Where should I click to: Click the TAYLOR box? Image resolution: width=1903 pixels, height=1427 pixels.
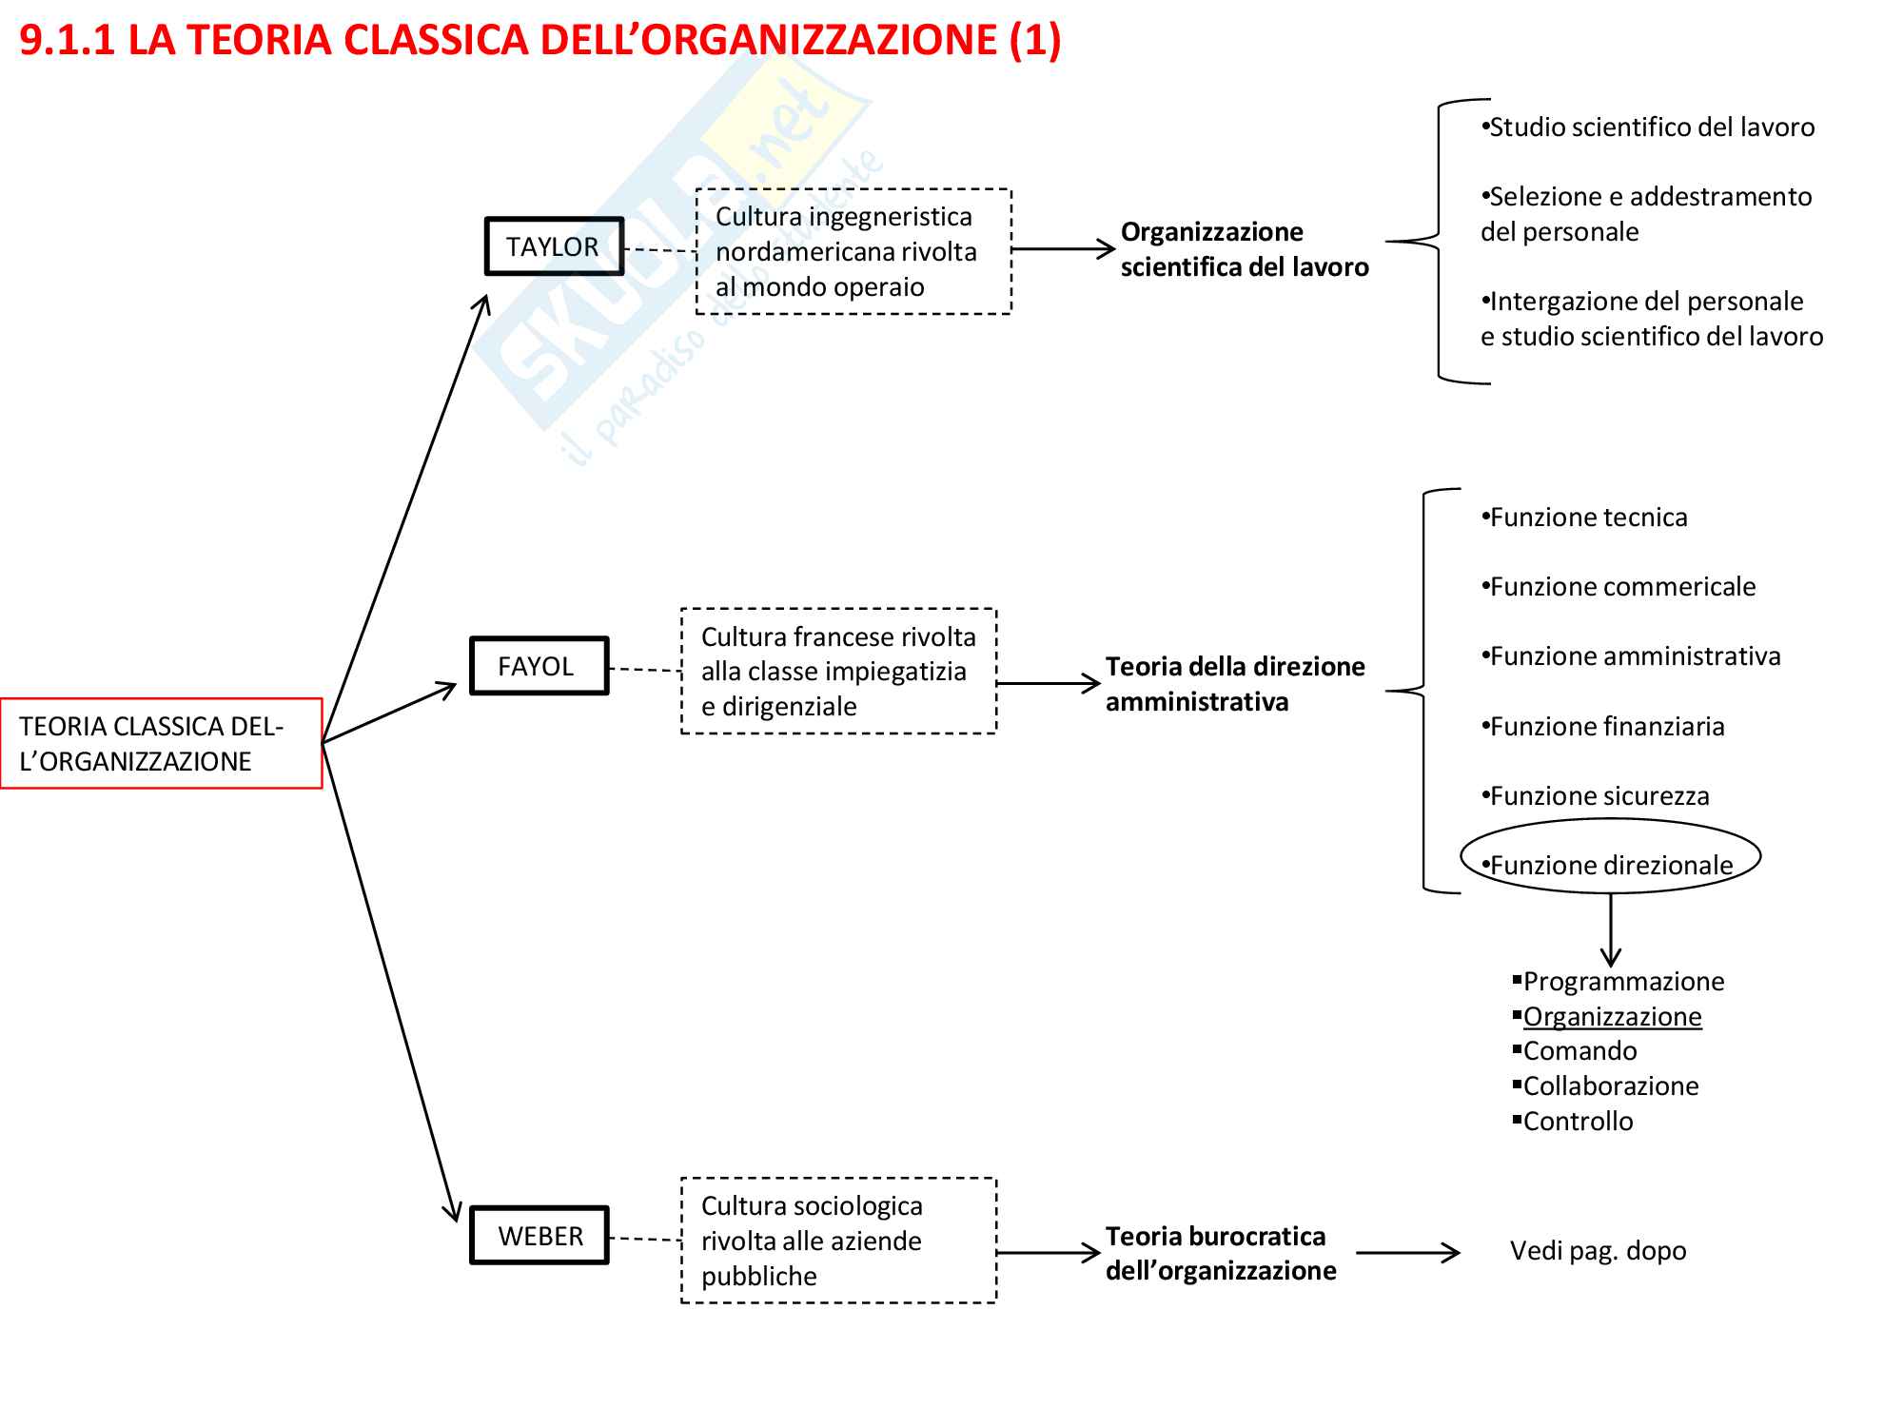(554, 246)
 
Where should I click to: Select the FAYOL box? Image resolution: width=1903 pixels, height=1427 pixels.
(539, 666)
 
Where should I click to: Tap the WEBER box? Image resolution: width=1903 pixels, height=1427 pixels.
(540, 1236)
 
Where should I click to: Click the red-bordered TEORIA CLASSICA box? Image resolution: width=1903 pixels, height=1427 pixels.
(161, 744)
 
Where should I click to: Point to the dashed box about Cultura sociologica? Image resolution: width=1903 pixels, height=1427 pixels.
(838, 1241)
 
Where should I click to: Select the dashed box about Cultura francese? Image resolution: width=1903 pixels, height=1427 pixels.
(838, 671)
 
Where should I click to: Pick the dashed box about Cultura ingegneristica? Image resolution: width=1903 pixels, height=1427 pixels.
(853, 251)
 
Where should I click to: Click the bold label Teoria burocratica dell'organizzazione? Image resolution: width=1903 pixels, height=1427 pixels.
(1221, 1253)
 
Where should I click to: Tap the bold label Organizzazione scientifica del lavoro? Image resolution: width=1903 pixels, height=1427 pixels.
(1244, 249)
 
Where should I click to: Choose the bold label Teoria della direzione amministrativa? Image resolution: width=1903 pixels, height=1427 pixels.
(1234, 684)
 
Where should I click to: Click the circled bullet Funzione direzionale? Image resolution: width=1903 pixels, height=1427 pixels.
(1611, 864)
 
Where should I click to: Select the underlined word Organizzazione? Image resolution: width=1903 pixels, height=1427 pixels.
(1612, 1016)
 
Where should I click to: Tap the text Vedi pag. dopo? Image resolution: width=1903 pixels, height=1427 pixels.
(1598, 1250)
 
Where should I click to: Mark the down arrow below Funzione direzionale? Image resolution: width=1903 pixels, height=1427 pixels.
(1611, 930)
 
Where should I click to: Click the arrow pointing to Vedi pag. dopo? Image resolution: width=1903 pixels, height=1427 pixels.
(1407, 1253)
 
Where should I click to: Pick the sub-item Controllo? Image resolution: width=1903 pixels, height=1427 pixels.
(1578, 1121)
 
